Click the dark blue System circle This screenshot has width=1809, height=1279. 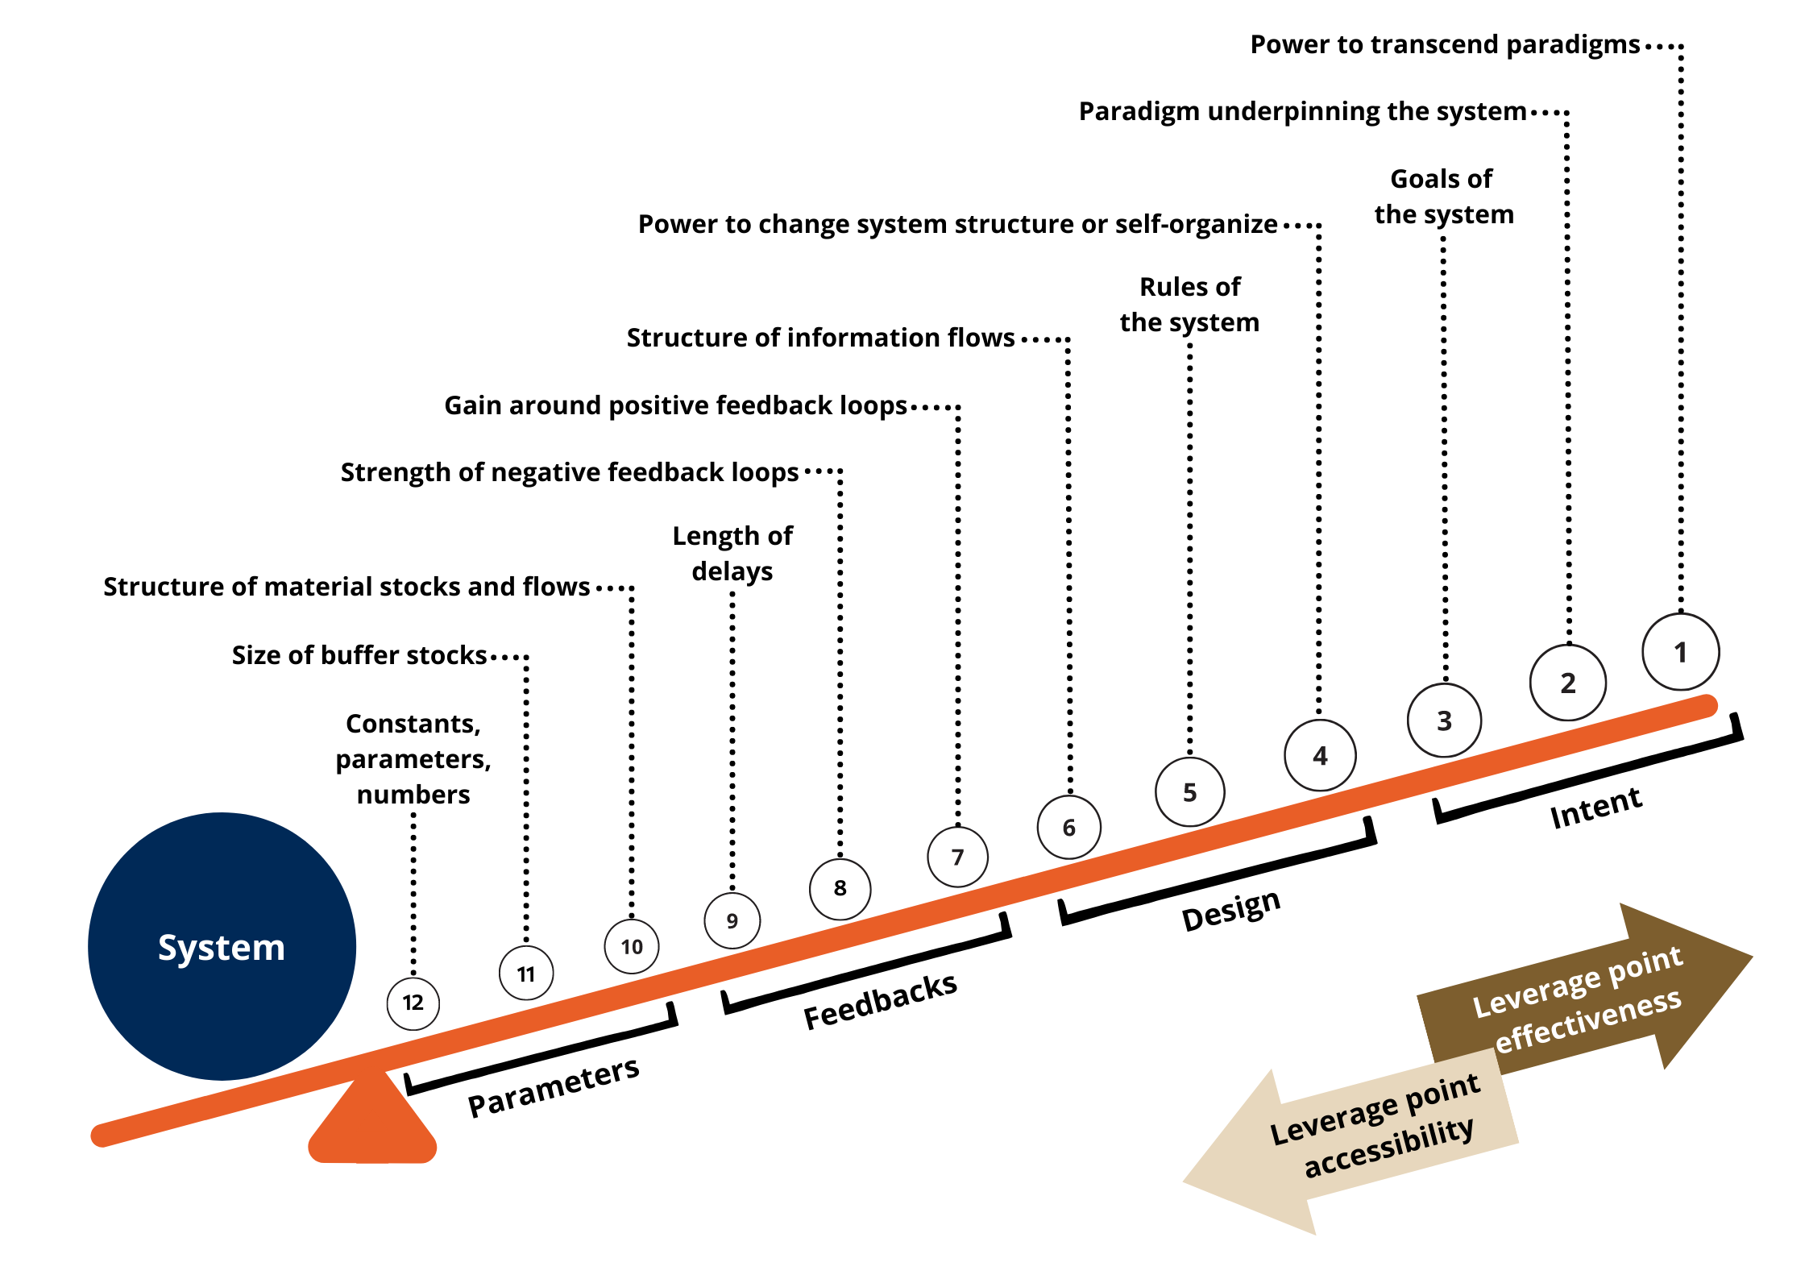[222, 946]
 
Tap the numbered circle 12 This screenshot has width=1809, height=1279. [413, 1003]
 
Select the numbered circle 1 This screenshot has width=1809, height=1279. [1680, 652]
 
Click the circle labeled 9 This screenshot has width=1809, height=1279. [732, 920]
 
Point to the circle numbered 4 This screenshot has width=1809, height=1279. [1320, 755]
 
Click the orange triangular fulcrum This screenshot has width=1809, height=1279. [372, 1124]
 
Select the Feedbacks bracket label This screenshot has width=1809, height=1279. [880, 1001]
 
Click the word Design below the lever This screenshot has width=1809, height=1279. [1230, 911]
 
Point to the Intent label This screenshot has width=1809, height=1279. [1595, 808]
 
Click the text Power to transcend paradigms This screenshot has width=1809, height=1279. [1444, 44]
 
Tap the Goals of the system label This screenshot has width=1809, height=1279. [1443, 196]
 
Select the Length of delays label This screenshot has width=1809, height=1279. [732, 553]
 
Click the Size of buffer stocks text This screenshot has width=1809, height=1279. [359, 655]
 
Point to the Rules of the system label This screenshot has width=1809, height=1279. [1189, 304]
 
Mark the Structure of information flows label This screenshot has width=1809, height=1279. [820, 338]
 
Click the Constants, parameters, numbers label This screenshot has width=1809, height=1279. [413, 758]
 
